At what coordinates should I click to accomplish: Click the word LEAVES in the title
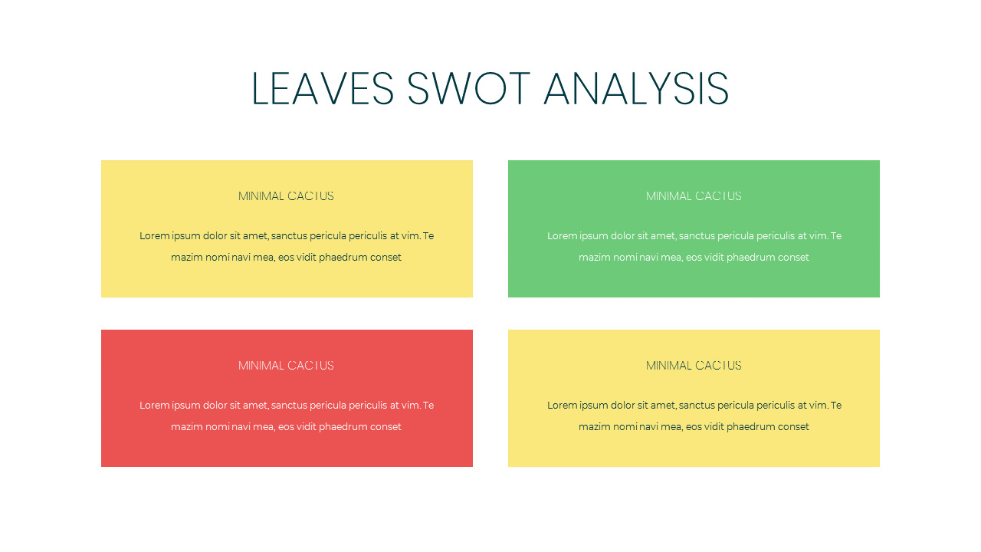[x=323, y=88]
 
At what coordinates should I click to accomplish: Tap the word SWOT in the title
[x=468, y=88]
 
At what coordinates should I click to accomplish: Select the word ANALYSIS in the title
[x=636, y=88]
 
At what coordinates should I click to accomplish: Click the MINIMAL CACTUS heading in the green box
[x=694, y=195]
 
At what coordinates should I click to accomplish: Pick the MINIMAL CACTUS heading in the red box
[x=286, y=366]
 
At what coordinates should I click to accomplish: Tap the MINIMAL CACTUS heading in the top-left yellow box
[x=286, y=195]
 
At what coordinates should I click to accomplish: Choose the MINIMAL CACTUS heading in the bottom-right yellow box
[x=694, y=366]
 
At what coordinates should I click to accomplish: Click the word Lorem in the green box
[x=563, y=235]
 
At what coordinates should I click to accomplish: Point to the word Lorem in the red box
[x=155, y=406]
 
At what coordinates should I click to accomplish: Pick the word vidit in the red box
[x=306, y=427]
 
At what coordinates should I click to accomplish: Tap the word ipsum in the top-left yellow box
[x=186, y=236]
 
